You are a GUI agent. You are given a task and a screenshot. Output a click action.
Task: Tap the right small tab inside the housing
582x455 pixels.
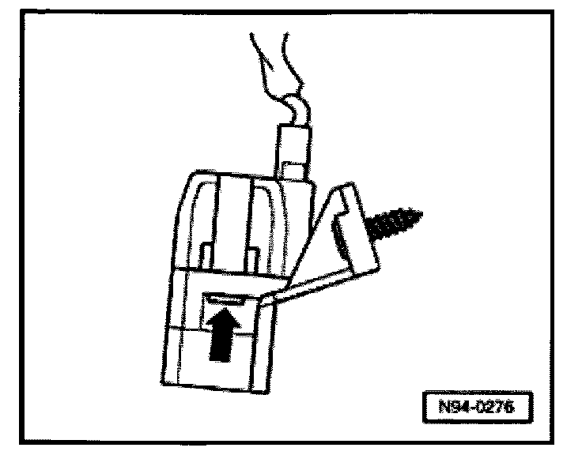tap(252, 257)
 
